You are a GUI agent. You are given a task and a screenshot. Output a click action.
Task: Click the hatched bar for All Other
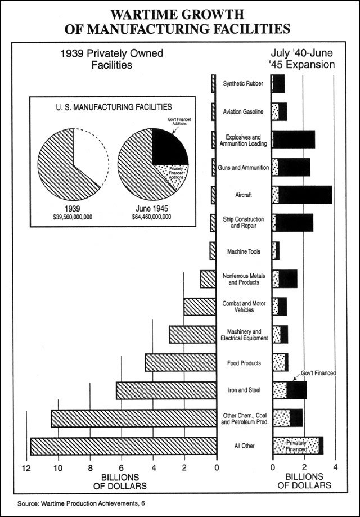point(124,446)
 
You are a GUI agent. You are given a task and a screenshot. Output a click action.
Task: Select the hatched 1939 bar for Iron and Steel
point(166,390)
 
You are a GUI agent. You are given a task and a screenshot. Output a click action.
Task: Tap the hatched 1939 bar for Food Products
point(180,362)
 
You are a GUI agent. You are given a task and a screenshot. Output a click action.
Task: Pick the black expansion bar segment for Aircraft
point(305,194)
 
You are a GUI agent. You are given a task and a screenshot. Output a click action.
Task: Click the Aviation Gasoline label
point(244,111)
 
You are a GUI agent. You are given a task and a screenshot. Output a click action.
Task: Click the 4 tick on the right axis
point(335,468)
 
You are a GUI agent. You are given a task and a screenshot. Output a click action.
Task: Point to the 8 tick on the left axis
point(89,468)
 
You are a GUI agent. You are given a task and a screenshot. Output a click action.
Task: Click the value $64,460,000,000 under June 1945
point(151,216)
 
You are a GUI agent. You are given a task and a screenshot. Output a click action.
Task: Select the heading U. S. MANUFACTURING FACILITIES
point(110,106)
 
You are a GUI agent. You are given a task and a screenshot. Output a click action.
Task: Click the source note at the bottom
point(76,502)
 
